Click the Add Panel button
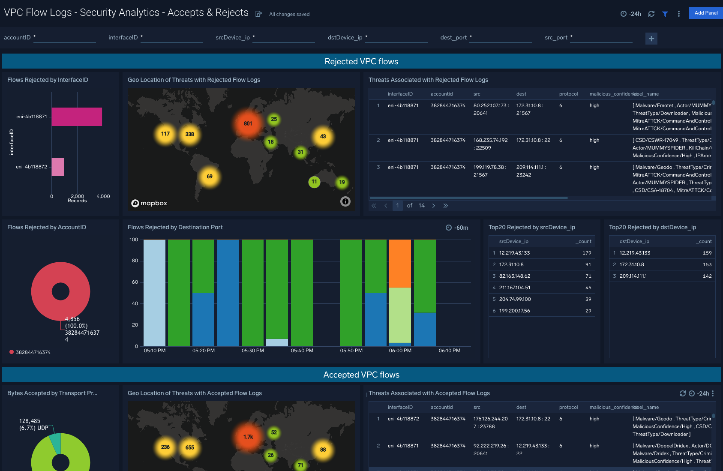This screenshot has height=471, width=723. pyautogui.click(x=705, y=13)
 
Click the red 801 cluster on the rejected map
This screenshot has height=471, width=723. pyautogui.click(x=248, y=123)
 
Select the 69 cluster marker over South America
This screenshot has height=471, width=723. pyautogui.click(x=210, y=177)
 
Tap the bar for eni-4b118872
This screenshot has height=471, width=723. pyautogui.click(x=57, y=167)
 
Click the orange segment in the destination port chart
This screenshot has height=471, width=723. pyautogui.click(x=400, y=264)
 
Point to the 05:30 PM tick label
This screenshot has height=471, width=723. pyautogui.click(x=252, y=351)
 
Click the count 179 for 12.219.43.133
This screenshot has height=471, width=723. pyautogui.click(x=586, y=253)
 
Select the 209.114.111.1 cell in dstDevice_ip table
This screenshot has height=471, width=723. pyautogui.click(x=633, y=276)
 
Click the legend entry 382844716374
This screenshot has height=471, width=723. pyautogui.click(x=33, y=352)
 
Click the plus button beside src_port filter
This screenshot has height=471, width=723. pyautogui.click(x=651, y=39)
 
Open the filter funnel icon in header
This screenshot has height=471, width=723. pyautogui.click(x=665, y=14)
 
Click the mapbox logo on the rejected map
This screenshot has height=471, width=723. pyautogui.click(x=149, y=203)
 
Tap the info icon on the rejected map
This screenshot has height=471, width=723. pyautogui.click(x=345, y=201)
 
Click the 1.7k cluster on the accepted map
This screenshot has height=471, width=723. pyautogui.click(x=248, y=437)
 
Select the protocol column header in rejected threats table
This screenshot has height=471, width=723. pyautogui.click(x=568, y=94)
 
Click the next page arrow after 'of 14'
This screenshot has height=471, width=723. pyautogui.click(x=434, y=206)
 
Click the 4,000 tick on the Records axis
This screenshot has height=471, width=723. pyautogui.click(x=103, y=196)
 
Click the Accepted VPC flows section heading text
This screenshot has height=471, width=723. pyautogui.click(x=361, y=375)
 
